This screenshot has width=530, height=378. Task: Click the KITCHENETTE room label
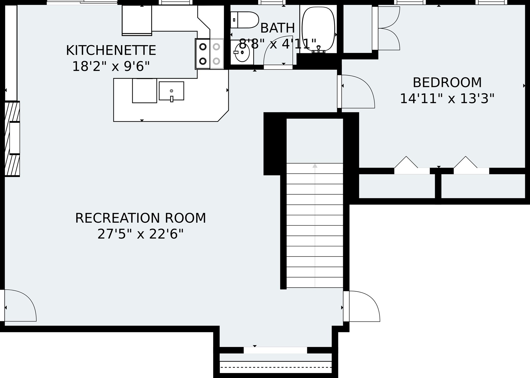click(x=111, y=51)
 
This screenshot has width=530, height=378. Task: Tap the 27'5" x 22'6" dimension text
click(x=141, y=234)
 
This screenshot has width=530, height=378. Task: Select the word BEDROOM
click(x=447, y=83)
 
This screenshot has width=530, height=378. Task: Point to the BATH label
click(x=277, y=28)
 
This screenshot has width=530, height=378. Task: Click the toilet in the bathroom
click(x=244, y=20)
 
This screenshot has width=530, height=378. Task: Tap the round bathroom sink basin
click(x=242, y=53)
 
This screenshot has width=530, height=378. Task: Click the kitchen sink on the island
click(x=172, y=91)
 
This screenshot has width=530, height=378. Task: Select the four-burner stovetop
click(x=210, y=54)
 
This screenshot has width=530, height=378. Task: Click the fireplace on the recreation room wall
click(x=12, y=139)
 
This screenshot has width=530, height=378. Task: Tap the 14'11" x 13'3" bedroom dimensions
click(x=447, y=99)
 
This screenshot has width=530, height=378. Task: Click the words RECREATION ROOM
click(x=141, y=218)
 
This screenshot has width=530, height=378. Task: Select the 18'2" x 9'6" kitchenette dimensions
click(x=111, y=66)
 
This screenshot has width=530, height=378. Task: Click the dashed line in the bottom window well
click(x=276, y=367)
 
